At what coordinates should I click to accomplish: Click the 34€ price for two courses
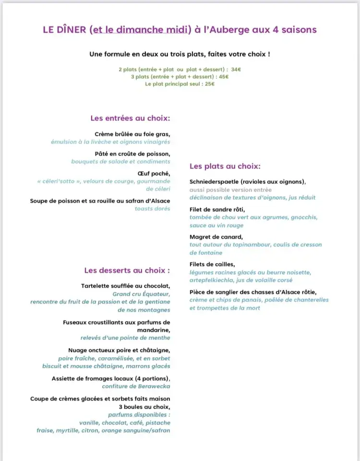coord(236,70)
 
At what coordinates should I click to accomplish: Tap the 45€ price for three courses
coord(224,77)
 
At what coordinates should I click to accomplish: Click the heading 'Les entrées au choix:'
coord(130,118)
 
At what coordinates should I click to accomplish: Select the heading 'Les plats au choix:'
coord(225,167)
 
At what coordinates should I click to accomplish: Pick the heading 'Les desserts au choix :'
coord(127,270)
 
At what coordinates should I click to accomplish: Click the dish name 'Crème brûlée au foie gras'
coord(132,134)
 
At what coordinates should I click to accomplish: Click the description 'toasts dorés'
coord(152,209)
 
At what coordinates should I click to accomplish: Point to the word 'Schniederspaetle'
coord(214,182)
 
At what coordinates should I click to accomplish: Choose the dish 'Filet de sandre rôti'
coord(217,210)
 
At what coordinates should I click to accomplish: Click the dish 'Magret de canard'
coord(216,237)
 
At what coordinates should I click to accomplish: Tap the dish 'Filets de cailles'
coord(212,265)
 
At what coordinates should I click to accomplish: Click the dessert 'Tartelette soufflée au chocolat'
coord(126,287)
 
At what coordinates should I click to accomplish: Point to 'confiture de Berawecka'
coord(136,387)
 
